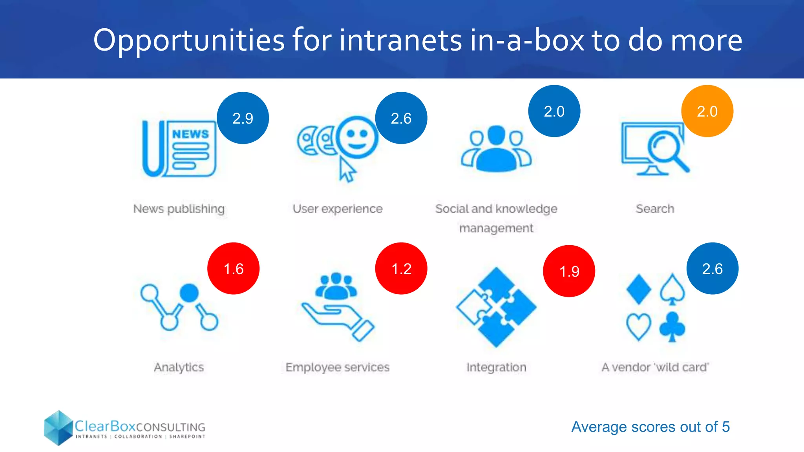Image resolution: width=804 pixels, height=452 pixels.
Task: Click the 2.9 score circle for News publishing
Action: (243, 118)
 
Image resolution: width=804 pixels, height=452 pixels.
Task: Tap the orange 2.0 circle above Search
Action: (707, 111)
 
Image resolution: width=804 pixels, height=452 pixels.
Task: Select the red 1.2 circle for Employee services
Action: (401, 269)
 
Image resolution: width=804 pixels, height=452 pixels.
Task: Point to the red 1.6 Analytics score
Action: (233, 269)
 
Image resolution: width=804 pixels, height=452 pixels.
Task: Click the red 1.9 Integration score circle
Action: (569, 271)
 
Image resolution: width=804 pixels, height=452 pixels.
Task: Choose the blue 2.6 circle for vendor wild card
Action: (712, 269)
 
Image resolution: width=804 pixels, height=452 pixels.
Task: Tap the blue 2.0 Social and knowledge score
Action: (554, 111)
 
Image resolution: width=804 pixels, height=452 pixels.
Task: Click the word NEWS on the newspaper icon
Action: (190, 134)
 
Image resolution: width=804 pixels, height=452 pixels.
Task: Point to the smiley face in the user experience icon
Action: (357, 137)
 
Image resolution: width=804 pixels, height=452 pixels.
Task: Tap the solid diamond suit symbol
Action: (639, 290)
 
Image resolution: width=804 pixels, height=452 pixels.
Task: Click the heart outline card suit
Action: (638, 326)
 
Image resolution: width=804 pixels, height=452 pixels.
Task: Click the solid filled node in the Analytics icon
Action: (189, 293)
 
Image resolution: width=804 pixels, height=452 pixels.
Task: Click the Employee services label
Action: (337, 367)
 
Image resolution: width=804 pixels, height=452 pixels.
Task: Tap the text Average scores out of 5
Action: (650, 427)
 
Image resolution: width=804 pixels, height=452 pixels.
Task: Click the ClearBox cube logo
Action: (58, 428)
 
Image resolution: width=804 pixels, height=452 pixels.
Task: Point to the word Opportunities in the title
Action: (188, 40)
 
